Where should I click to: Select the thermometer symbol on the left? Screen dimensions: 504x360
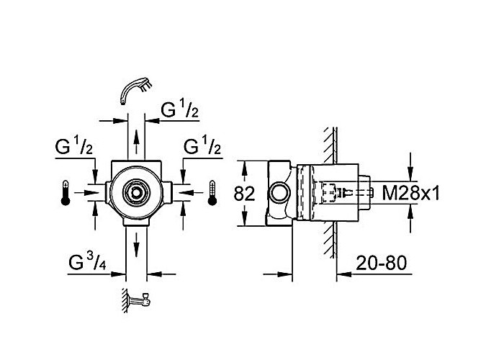coord(66,193)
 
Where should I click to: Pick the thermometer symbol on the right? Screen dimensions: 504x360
coord(212,193)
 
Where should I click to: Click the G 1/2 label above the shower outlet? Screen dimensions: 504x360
coord(179,109)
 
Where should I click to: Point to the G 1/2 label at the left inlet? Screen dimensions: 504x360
coord(73,145)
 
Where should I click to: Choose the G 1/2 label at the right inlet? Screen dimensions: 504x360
coord(202,145)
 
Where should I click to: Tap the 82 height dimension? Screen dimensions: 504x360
coord(244,194)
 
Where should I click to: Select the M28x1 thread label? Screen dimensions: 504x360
coord(411,194)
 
